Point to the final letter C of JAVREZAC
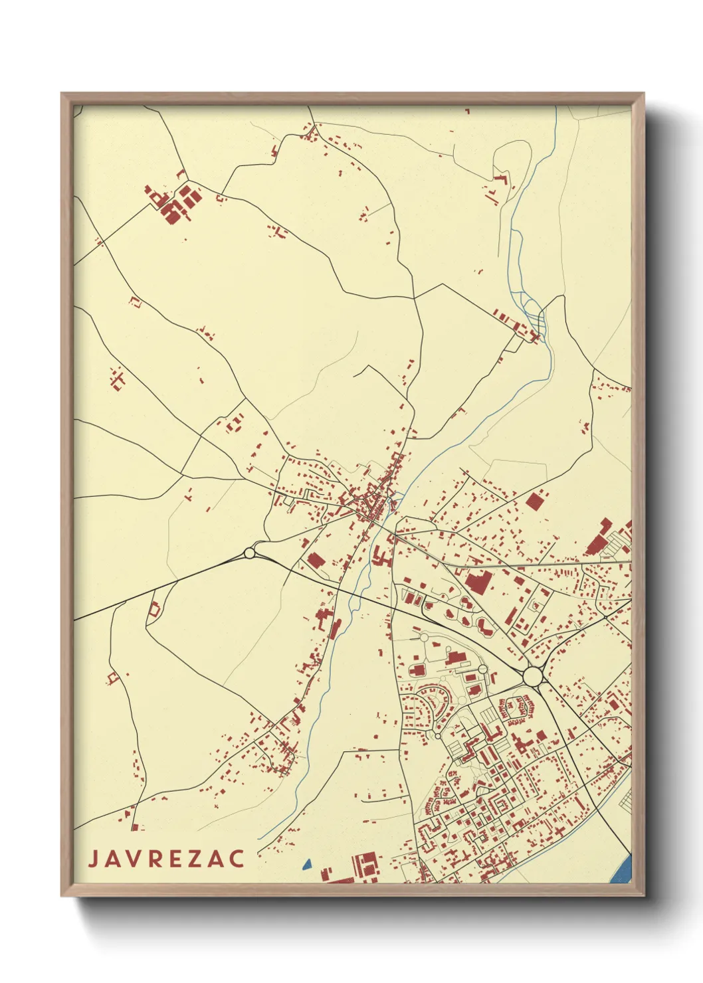point(237,859)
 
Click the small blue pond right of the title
point(306,864)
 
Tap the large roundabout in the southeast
point(532,676)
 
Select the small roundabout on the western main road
point(250,553)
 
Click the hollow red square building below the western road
point(154,609)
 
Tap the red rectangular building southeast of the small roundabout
point(315,560)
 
